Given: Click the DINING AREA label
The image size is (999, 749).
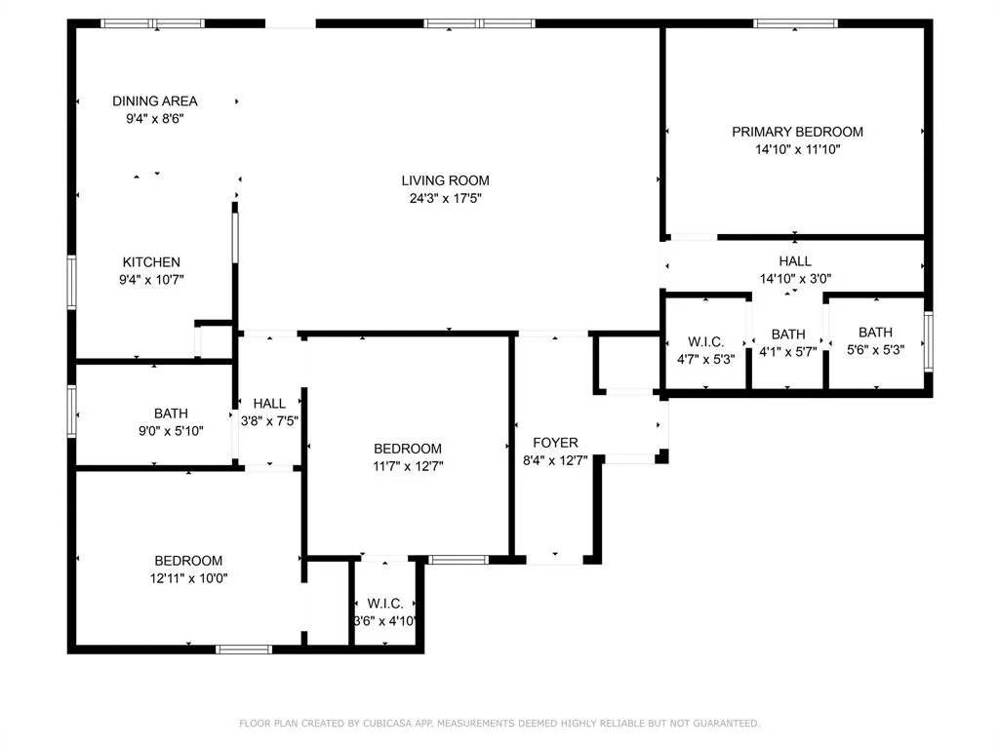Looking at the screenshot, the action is [155, 101].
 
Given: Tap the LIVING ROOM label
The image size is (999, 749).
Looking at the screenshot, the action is [445, 180].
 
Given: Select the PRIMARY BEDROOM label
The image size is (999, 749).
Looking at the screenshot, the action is [797, 132].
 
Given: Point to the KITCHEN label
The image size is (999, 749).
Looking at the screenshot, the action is [151, 262].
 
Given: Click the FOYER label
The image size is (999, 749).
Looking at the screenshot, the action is [555, 443].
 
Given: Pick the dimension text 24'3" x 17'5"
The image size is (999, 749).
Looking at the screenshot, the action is [445, 198].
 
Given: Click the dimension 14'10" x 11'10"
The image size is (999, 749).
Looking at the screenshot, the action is [798, 149].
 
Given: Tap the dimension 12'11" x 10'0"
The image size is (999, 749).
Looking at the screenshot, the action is [188, 578].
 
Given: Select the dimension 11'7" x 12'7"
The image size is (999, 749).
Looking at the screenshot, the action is [408, 466].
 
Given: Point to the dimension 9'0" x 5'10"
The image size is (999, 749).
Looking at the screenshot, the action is [171, 431].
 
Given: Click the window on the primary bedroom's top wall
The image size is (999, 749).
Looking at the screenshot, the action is [795, 23].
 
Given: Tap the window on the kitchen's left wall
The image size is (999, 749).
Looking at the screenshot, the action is [72, 282].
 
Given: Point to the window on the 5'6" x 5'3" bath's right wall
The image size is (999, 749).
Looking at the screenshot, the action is [929, 341].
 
